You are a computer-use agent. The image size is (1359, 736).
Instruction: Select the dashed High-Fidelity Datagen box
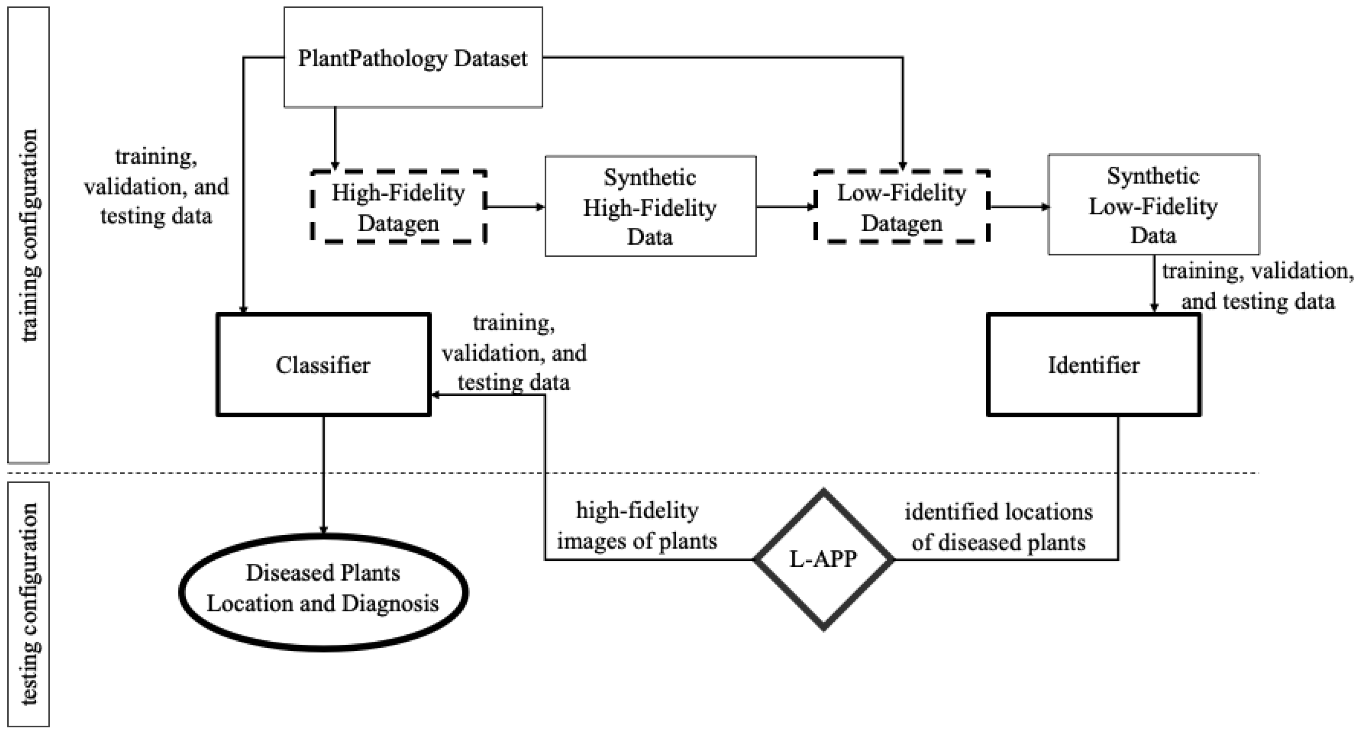click(x=398, y=207)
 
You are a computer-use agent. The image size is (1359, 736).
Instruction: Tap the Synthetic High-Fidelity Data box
click(x=650, y=206)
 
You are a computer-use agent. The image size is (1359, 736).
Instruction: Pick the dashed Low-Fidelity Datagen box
click(x=901, y=207)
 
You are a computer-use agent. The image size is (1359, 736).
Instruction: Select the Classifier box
click(x=323, y=365)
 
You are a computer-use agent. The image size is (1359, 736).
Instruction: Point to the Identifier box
click(x=1094, y=365)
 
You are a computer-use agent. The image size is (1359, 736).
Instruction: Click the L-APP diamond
click(x=823, y=559)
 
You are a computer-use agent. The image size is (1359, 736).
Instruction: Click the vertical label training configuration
click(x=29, y=235)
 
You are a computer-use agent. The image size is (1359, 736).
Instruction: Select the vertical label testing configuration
click(x=29, y=604)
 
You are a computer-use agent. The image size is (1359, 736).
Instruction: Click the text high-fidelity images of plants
click(x=637, y=526)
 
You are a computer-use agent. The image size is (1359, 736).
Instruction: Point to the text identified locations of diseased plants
click(x=998, y=527)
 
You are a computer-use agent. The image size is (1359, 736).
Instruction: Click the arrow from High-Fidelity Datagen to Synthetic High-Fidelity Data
click(x=515, y=207)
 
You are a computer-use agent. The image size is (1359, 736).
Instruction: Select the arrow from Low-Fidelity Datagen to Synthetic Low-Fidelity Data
click(x=1018, y=207)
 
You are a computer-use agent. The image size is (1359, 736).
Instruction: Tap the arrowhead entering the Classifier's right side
click(x=436, y=395)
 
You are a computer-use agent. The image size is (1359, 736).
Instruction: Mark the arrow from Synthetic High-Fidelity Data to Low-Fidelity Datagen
click(x=785, y=207)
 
